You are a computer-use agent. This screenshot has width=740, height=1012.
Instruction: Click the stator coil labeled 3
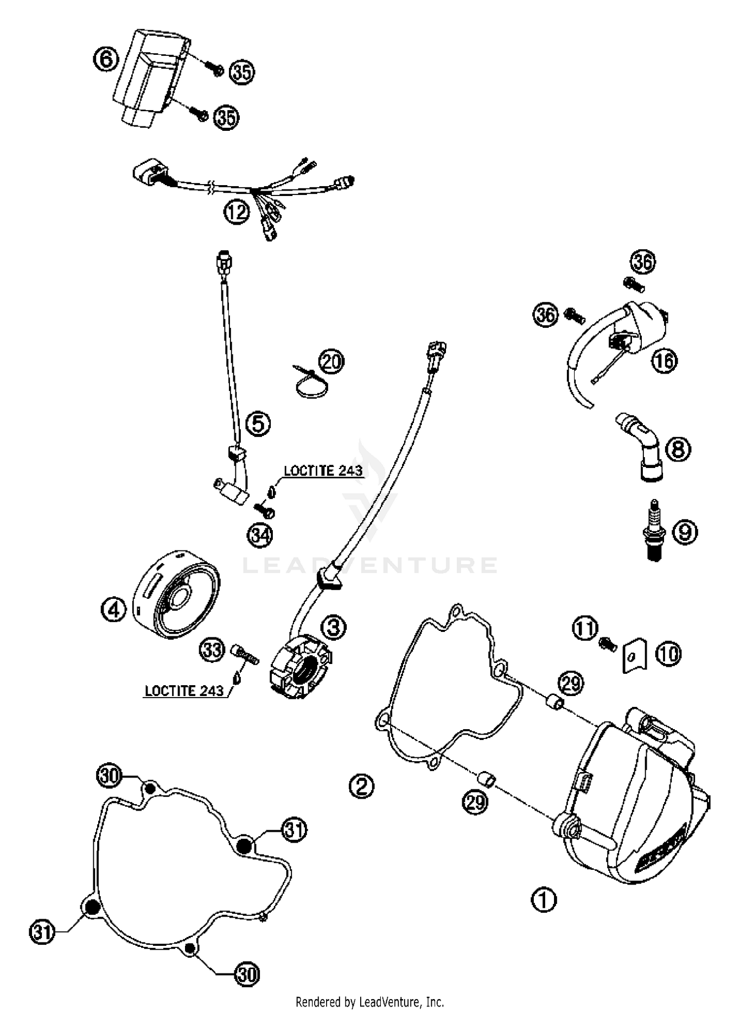coord(300,666)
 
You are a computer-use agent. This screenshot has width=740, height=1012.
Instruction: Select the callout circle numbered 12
coord(237,212)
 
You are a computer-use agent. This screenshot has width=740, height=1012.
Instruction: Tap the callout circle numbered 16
coord(664,361)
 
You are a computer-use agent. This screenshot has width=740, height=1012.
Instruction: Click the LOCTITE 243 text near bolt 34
coord(323,470)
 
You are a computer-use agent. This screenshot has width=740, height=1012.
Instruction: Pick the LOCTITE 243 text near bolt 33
coord(184,690)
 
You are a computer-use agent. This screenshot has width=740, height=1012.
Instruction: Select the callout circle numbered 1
coord(544,898)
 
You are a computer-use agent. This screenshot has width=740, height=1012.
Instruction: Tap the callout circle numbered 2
coord(362,785)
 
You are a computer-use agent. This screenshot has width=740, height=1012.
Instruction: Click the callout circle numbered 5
coord(259,424)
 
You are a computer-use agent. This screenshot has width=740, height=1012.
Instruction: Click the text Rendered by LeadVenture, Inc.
coord(370,1002)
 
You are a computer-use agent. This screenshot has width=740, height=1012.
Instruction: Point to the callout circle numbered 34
coord(260,535)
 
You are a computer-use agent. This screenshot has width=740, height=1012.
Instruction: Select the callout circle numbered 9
coord(685,532)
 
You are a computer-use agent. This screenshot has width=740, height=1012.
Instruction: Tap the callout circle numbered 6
coord(106,60)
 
